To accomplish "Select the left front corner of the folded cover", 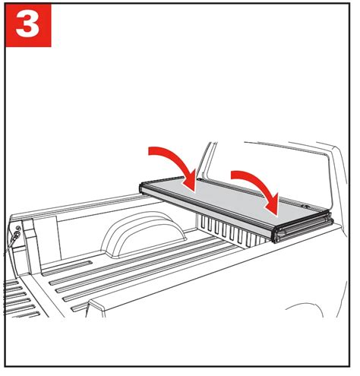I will (144, 188).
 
